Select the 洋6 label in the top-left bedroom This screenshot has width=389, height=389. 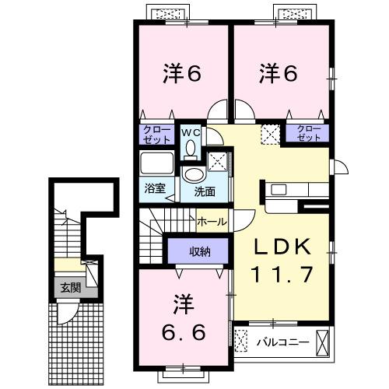tap(183, 74)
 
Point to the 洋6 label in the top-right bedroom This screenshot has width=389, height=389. tap(279, 74)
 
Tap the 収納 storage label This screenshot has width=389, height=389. tap(199, 251)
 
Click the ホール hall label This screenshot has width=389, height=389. tap(211, 222)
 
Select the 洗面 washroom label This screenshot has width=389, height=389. tap(205, 192)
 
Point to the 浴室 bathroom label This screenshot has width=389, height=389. tap(155, 187)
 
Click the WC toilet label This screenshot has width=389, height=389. tap(191, 133)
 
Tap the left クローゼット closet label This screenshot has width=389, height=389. tap(156, 133)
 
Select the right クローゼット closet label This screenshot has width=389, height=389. tap(308, 132)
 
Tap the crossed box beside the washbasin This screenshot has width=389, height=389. tap(219, 162)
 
